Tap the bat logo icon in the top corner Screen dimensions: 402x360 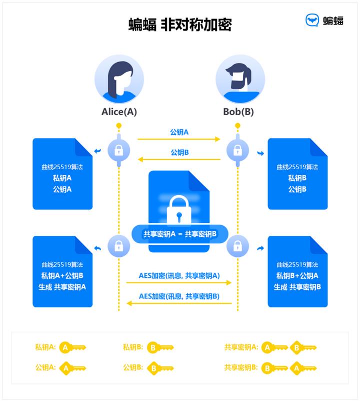coord(312,21)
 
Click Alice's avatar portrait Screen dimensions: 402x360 coord(119,80)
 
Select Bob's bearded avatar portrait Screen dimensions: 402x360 coord(240,80)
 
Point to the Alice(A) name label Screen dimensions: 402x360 coord(119,112)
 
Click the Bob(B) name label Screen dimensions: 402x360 coord(238,112)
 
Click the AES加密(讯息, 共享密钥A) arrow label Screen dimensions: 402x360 coord(179,275)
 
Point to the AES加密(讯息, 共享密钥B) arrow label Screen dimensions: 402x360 coord(179,296)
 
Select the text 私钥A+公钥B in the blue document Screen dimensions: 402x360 coord(62,276)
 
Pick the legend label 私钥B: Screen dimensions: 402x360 coord(133,347)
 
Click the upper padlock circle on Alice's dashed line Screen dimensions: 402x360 coord(118,149)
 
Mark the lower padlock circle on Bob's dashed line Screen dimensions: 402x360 coord(237,246)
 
